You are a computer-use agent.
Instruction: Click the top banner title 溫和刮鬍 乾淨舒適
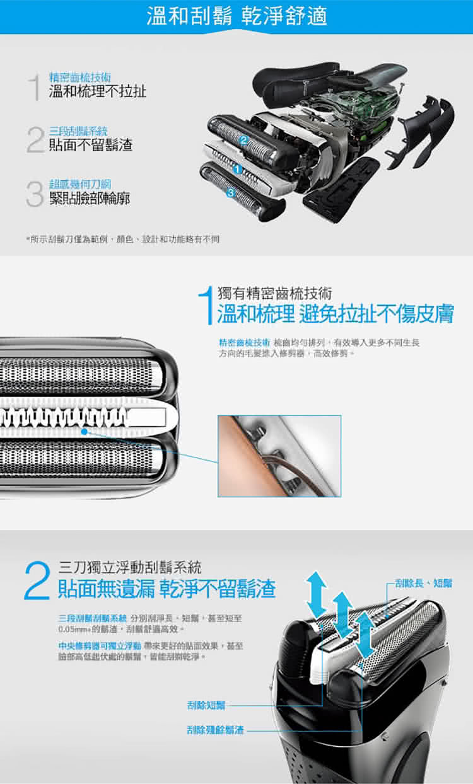click(237, 16)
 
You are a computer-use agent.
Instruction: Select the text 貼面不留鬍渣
click(91, 146)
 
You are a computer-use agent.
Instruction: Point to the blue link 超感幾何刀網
click(80, 185)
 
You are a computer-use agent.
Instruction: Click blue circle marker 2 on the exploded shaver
click(243, 139)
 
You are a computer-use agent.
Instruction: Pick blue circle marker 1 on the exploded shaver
click(237, 169)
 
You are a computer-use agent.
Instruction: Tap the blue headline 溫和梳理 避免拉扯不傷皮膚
click(335, 313)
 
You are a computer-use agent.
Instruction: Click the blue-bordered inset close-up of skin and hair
click(279, 456)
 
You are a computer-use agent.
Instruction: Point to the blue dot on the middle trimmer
click(84, 432)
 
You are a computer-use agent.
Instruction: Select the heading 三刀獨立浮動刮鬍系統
click(131, 566)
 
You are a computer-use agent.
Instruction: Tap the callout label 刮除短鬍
click(206, 704)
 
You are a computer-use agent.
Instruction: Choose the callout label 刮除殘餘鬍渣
click(215, 730)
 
